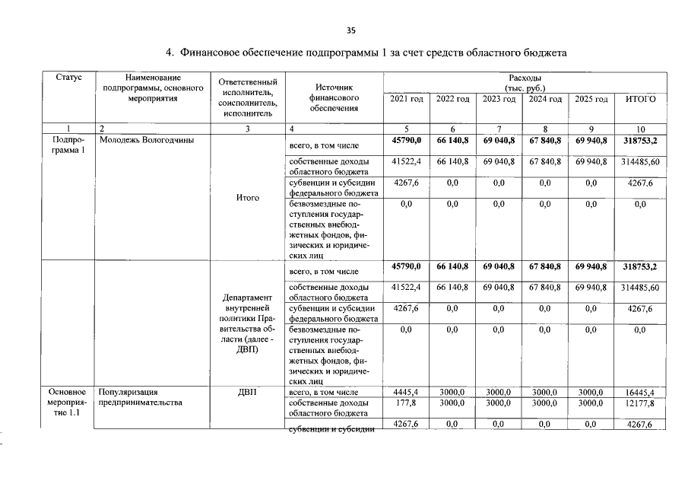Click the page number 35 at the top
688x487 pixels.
pyautogui.click(x=350, y=30)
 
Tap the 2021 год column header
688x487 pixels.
pyautogui.click(x=407, y=100)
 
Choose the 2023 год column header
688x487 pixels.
pyautogui.click(x=499, y=100)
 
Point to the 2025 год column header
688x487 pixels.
pyautogui.click(x=591, y=100)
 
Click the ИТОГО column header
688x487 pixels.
pyautogui.click(x=640, y=100)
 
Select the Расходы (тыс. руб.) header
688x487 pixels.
pyautogui.click(x=525, y=83)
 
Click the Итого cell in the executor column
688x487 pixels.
pyautogui.click(x=248, y=198)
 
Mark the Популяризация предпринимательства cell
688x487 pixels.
pyautogui.click(x=141, y=397)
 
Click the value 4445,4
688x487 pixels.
pyautogui.click(x=407, y=392)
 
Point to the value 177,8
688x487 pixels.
pyautogui.click(x=407, y=403)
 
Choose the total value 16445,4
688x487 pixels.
pyautogui.click(x=640, y=392)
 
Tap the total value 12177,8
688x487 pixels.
pyautogui.click(x=640, y=403)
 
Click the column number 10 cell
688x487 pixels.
pyautogui.click(x=640, y=129)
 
